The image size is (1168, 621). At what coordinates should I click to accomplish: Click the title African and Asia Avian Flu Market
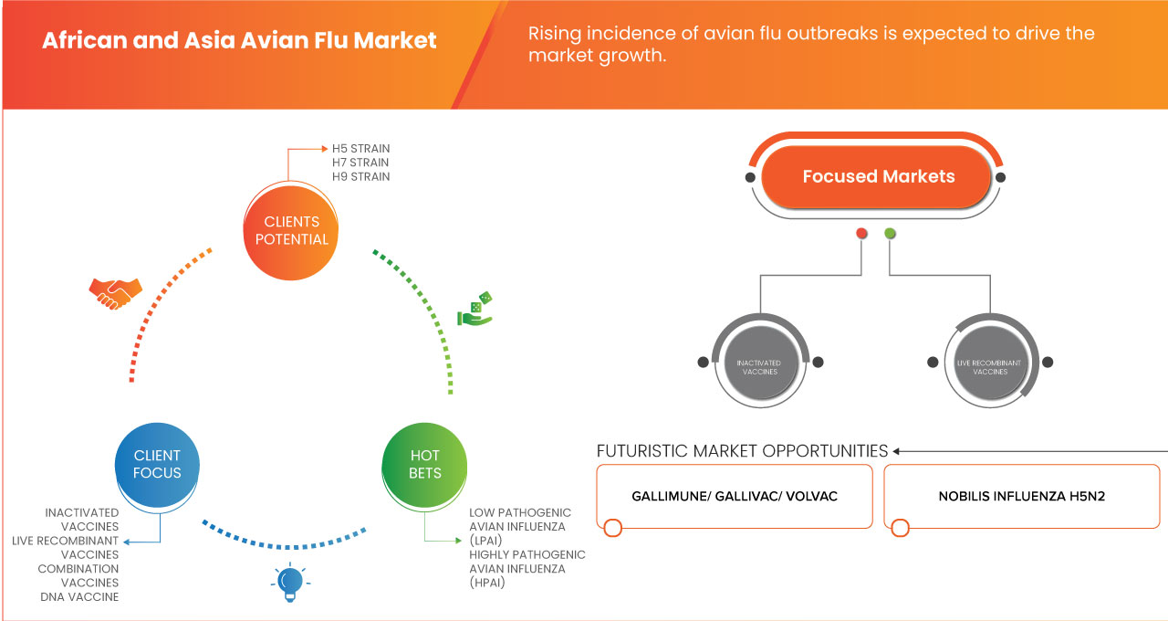(240, 41)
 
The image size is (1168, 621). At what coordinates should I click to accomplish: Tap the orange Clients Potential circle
(291, 230)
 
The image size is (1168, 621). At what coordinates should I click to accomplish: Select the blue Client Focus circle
(157, 464)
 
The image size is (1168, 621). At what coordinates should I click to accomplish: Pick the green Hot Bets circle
(424, 464)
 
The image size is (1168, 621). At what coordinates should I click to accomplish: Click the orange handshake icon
(115, 292)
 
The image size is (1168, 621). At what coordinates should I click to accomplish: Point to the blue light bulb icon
(290, 581)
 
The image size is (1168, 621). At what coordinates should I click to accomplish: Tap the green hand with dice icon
(474, 310)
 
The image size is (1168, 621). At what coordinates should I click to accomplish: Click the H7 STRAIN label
(360, 163)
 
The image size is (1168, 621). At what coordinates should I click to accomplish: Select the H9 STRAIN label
(360, 176)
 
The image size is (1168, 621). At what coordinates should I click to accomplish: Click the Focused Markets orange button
(878, 177)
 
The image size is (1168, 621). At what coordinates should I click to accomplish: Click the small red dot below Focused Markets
(860, 234)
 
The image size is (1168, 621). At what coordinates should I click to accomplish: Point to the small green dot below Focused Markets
(890, 234)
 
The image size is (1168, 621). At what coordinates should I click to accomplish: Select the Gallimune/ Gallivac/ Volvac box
(735, 496)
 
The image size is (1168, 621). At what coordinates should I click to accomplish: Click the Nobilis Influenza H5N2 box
(1021, 496)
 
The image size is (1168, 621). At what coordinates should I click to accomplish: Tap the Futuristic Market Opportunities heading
(742, 451)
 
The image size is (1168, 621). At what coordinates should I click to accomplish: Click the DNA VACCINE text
(79, 596)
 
